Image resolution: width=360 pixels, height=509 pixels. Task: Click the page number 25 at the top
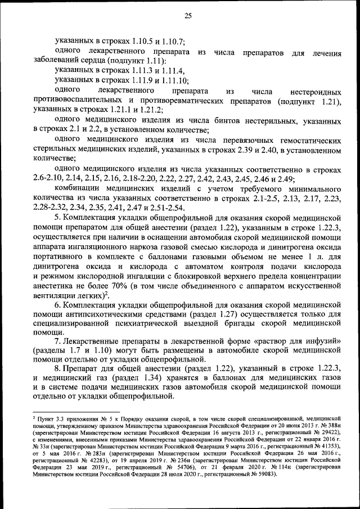188,16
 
